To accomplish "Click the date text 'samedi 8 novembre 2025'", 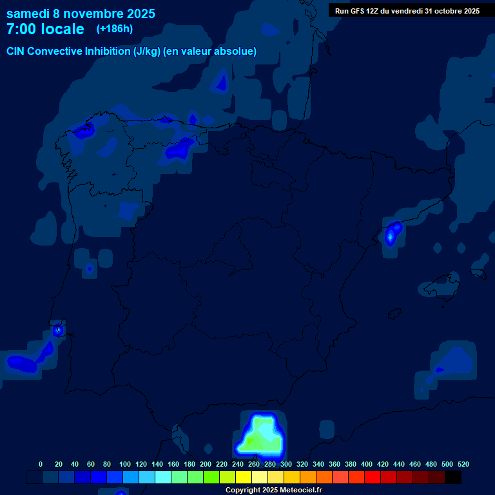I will point(81,14).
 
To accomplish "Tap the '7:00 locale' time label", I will point(45,29).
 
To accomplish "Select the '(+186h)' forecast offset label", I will point(114,29).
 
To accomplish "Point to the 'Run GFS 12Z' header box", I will point(407,10).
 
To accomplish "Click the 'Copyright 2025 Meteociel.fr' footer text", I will point(273,490).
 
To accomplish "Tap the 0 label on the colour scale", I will point(41,464).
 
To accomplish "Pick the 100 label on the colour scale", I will point(125,464).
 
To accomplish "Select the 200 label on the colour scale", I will point(206,464).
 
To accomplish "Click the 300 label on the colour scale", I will point(286,464).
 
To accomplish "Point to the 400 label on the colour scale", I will point(367,464).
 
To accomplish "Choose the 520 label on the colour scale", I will point(463,464).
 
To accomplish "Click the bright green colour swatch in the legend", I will point(211,478).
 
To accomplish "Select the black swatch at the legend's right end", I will point(453,478).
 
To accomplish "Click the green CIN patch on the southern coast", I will point(261,436).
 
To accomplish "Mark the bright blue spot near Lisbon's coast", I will point(58,329).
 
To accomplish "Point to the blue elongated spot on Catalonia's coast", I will point(391,234).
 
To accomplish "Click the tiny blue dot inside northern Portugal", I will point(89,267).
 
